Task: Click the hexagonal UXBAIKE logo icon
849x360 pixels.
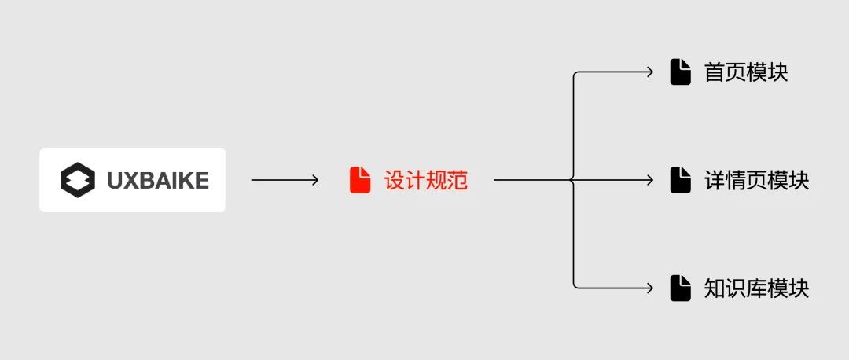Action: click(77, 180)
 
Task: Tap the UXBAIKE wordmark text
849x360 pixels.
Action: click(158, 180)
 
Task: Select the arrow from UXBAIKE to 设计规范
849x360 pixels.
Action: click(285, 180)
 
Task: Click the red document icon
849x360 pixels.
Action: click(360, 180)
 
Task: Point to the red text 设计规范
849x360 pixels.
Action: click(425, 180)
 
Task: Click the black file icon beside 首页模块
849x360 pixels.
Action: click(681, 72)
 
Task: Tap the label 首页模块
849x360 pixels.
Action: click(745, 72)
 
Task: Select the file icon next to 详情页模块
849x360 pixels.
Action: click(681, 180)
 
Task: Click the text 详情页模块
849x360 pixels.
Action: click(756, 180)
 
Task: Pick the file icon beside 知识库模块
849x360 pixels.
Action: click(681, 288)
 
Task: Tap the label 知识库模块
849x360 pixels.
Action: click(756, 288)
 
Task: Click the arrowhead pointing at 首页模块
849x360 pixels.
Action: click(650, 72)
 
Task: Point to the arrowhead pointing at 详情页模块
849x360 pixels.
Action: click(650, 180)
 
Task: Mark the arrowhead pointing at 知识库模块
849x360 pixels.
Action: click(650, 288)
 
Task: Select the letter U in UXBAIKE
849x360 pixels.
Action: click(115, 180)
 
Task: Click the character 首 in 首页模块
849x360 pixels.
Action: click(714, 72)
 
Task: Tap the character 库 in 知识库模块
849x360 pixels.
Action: click(756, 288)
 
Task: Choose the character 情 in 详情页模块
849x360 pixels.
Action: click(735, 180)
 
